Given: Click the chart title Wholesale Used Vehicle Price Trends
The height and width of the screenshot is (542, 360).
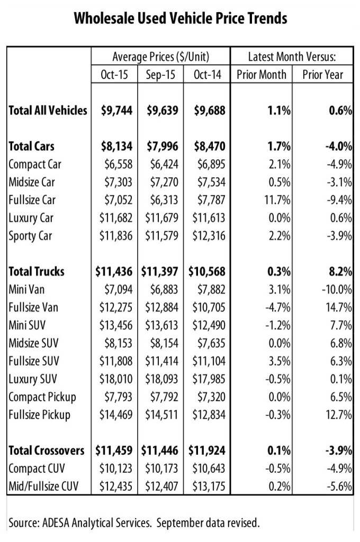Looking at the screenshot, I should (181, 19).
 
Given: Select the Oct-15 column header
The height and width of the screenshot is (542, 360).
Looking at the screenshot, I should (114, 75).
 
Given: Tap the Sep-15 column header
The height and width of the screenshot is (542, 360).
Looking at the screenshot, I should (160, 75).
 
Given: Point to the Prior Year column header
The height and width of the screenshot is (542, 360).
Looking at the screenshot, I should (322, 75).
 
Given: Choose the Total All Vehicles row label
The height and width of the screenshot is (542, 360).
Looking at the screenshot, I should (48, 111).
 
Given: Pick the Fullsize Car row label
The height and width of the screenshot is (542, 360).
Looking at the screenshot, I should (32, 200).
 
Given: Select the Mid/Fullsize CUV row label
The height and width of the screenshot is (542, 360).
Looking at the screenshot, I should (43, 486).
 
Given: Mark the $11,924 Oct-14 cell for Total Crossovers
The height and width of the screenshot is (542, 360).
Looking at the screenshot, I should (208, 450).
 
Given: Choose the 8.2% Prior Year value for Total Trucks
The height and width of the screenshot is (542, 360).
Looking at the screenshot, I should (341, 272).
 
